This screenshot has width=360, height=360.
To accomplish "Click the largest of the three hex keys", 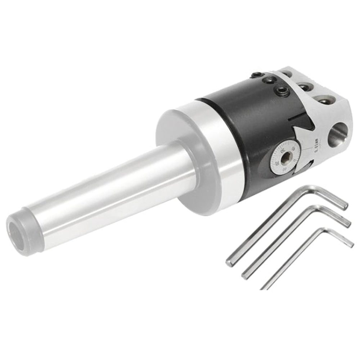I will click(x=284, y=223).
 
